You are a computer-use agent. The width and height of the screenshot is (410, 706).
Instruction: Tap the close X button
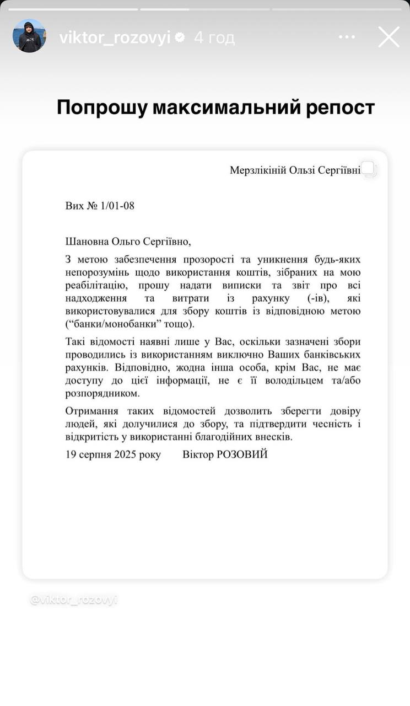(x=389, y=37)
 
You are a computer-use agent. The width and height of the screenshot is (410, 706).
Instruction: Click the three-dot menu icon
(x=347, y=37)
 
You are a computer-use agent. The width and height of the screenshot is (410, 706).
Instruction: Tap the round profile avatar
(x=29, y=36)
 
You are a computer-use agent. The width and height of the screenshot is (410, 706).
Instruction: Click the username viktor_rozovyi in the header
(x=115, y=38)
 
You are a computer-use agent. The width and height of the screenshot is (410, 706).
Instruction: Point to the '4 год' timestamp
(x=214, y=38)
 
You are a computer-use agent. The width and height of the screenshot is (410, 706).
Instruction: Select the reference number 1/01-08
(x=117, y=206)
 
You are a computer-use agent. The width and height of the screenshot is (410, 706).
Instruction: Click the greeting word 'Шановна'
(x=87, y=241)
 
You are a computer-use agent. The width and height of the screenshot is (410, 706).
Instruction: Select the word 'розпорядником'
(x=103, y=394)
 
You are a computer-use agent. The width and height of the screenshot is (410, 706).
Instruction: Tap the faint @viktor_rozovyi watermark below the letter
(x=74, y=600)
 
